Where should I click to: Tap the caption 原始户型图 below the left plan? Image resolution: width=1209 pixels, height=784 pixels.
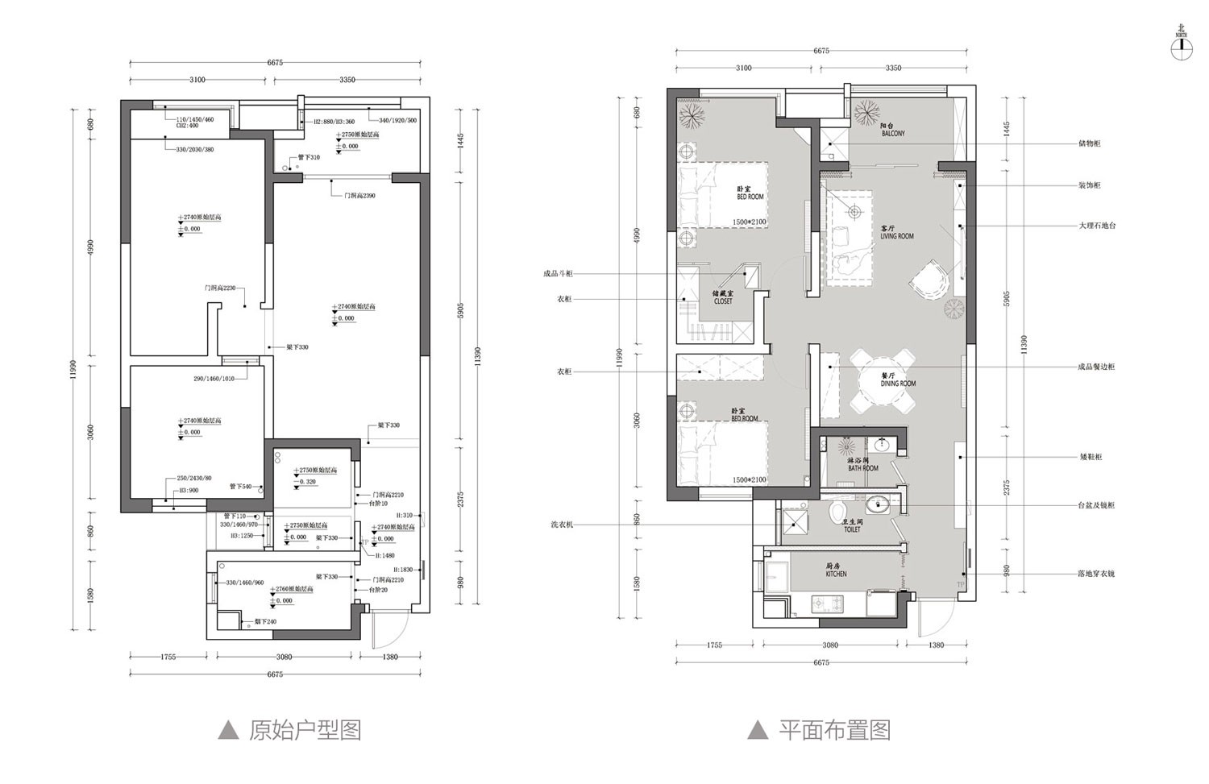(x=304, y=730)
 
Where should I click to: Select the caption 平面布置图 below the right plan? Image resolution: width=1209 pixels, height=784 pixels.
(x=833, y=730)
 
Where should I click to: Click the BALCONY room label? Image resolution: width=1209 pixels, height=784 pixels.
(x=892, y=130)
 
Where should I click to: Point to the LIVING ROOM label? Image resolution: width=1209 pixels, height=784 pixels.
(x=896, y=233)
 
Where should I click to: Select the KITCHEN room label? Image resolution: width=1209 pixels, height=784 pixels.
(x=836, y=570)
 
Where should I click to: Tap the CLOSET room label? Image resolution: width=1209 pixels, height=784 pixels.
(x=723, y=297)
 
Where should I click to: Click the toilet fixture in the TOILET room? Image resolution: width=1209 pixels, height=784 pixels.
(x=837, y=511)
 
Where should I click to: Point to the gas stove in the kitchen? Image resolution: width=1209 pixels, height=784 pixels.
(x=827, y=603)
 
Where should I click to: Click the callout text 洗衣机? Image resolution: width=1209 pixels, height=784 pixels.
(x=562, y=525)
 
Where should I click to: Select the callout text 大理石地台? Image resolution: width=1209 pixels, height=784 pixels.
(x=1097, y=226)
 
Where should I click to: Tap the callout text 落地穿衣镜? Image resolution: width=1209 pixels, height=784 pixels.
(x=1096, y=574)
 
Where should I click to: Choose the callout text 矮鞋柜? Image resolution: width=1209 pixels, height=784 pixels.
(x=1090, y=457)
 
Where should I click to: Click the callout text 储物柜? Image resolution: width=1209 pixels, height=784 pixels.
(x=1090, y=143)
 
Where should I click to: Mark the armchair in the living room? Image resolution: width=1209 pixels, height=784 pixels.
(x=930, y=280)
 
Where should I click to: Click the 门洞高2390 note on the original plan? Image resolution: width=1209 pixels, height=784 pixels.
(x=359, y=196)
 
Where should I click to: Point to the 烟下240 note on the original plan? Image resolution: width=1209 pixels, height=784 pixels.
(x=265, y=621)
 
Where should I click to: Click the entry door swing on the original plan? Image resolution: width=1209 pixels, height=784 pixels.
(x=381, y=628)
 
